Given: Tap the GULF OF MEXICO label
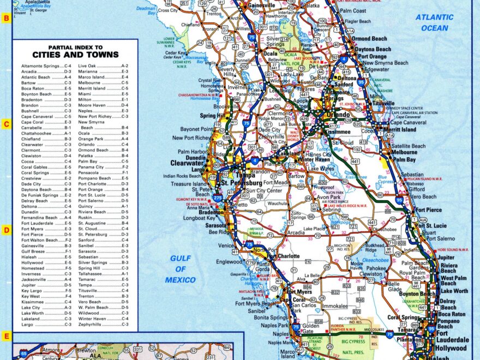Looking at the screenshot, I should pos(182,269).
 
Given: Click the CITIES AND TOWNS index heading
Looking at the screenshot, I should pos(75,55).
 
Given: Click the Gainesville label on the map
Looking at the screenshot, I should pos(261,5).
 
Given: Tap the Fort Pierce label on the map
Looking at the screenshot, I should pos(429,210).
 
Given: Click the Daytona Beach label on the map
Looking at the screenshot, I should pos(373,49).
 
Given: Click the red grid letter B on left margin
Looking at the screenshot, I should pos(6,18).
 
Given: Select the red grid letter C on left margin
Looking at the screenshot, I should pos(6,124).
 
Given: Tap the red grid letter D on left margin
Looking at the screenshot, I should pos(6,230).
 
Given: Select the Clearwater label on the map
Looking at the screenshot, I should pos(187,163).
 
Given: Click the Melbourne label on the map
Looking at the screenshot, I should pos(404,153).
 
